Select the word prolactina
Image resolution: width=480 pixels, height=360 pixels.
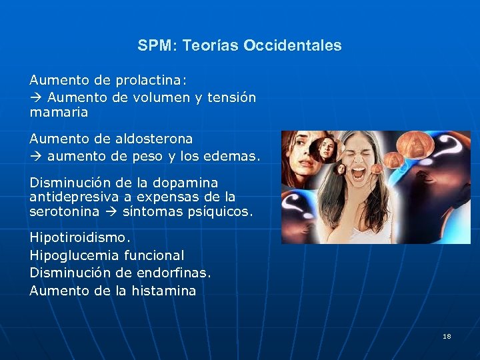(x=151, y=80)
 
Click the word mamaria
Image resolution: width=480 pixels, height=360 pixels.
(x=59, y=113)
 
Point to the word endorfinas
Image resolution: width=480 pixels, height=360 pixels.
(x=179, y=273)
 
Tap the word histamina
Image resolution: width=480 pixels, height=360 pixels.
(x=163, y=291)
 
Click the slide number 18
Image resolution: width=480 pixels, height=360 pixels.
(x=447, y=336)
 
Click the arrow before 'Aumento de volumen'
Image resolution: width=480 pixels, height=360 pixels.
(x=35, y=97)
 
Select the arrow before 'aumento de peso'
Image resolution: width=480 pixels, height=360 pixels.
(x=35, y=157)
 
